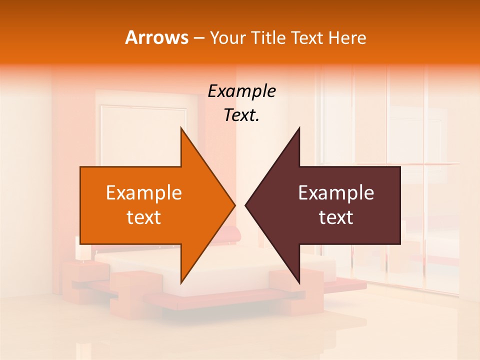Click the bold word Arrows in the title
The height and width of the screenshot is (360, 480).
pos(157,37)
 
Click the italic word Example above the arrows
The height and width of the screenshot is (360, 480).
pos(242,91)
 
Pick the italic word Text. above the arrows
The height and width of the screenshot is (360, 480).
pos(242,115)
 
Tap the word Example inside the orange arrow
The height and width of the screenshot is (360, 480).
pos(144,193)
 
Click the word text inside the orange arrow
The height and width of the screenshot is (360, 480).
pos(144,217)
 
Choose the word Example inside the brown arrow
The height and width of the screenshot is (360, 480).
pos(336,193)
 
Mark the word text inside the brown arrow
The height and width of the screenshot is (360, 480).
pos(336,217)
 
